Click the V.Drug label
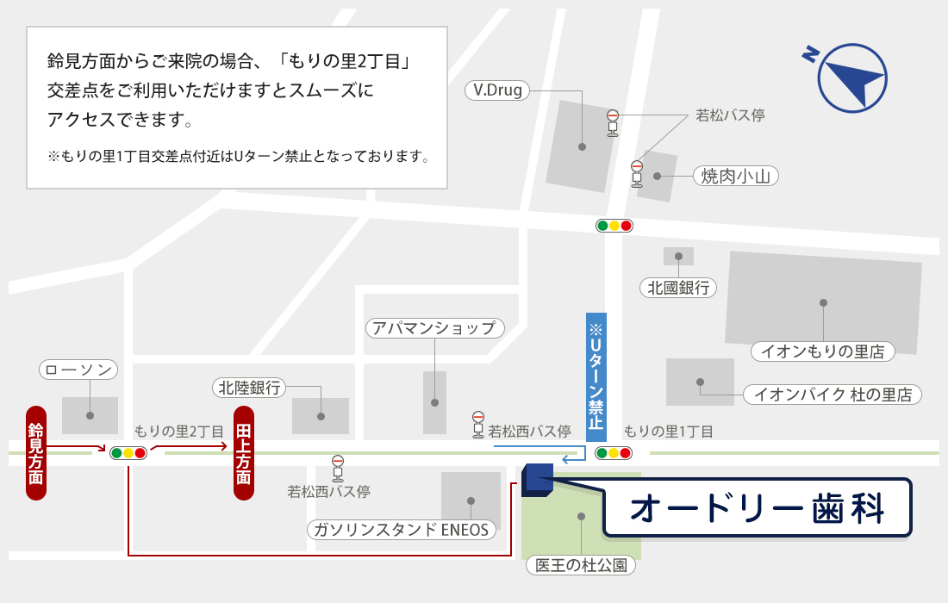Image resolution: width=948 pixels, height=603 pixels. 498,90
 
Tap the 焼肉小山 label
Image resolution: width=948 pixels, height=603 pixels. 736,176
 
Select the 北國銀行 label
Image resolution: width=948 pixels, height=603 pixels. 678,288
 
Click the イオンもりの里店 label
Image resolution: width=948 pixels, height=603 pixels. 823,351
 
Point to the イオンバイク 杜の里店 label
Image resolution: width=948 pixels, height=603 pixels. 833,395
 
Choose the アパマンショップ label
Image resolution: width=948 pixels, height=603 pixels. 434,328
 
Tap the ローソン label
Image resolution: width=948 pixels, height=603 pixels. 78,370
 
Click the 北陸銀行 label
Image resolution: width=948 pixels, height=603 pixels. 250,388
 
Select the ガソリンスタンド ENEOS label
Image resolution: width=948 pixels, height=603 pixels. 402,529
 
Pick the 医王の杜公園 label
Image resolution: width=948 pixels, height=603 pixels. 581,565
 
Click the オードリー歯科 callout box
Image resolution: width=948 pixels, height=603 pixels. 757,508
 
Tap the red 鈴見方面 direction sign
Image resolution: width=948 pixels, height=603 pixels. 35,453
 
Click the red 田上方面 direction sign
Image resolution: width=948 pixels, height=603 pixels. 244,453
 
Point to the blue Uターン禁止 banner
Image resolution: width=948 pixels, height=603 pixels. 596,376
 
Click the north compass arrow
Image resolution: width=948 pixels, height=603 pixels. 851,77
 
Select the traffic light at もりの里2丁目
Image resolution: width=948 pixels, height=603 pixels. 128,452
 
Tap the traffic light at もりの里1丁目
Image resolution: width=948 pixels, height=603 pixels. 614,452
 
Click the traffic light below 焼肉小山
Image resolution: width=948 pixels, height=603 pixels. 614,226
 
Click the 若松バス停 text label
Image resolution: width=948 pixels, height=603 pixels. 730,115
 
